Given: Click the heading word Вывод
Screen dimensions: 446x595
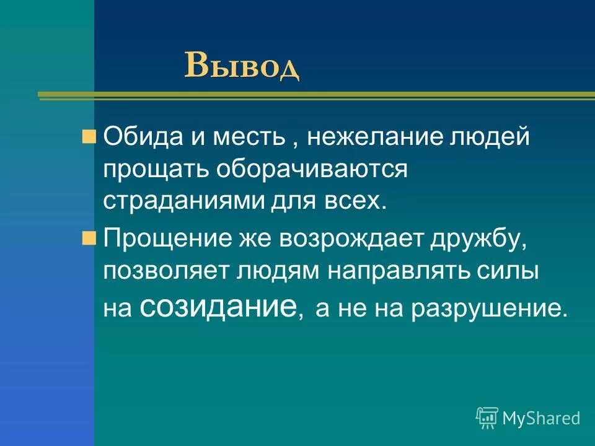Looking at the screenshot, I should coord(242,66).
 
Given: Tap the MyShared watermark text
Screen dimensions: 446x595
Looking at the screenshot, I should coord(541,418).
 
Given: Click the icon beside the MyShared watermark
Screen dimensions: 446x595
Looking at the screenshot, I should coord(487,418).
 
